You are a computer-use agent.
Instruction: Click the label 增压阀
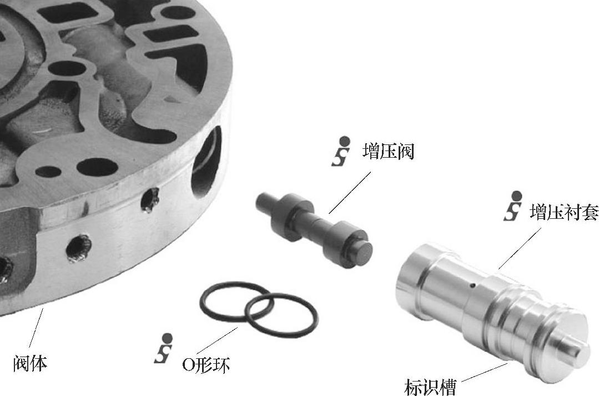(x=388, y=151)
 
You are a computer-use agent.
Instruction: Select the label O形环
(x=206, y=365)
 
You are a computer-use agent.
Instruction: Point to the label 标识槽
(x=430, y=387)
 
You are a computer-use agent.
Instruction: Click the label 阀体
(x=31, y=363)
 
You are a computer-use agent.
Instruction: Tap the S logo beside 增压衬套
(x=513, y=206)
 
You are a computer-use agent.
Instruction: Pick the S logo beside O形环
(x=164, y=348)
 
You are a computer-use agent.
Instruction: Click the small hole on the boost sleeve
(x=473, y=285)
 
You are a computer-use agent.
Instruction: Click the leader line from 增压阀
(x=350, y=192)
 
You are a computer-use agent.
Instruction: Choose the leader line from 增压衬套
(x=520, y=248)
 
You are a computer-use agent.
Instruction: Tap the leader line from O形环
(x=217, y=340)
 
